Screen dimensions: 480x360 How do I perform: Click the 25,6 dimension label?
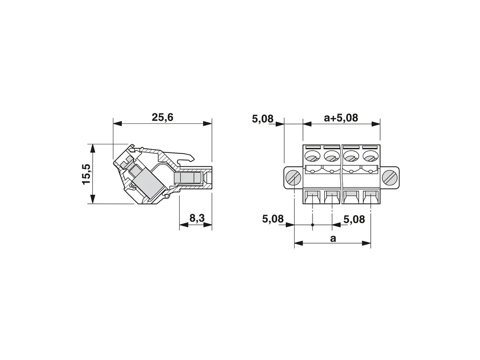click(162, 117)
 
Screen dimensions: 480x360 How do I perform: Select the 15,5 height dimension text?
click(87, 174)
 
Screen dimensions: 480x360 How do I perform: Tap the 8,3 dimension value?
click(197, 218)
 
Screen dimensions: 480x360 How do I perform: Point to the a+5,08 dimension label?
click(341, 118)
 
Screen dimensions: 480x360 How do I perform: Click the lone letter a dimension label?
click(333, 238)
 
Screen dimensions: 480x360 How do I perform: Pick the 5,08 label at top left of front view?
click(263, 119)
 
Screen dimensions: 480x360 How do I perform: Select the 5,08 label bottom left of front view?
click(273, 219)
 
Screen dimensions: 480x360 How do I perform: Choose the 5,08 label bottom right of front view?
click(354, 219)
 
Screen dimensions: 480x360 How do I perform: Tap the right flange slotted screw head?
click(390, 177)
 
